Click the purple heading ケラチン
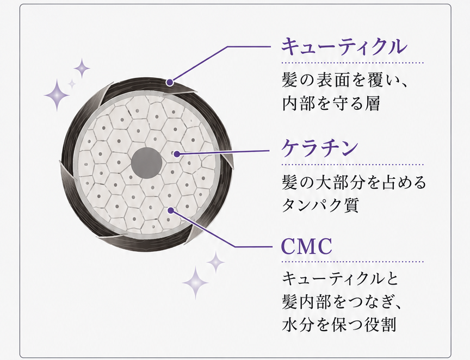click(x=320, y=147)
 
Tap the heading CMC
click(x=307, y=246)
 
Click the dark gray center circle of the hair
click(x=146, y=163)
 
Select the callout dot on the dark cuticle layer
click(x=170, y=82)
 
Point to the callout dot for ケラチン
click(x=177, y=154)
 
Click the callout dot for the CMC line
click(x=171, y=210)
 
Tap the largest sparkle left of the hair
click(x=57, y=95)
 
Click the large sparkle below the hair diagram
click(x=195, y=283)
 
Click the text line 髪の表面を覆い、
click(x=345, y=80)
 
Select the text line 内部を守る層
click(x=331, y=103)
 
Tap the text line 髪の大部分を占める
click(x=354, y=182)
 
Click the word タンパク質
click(x=320, y=205)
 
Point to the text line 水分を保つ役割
click(x=339, y=324)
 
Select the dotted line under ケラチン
click(x=352, y=165)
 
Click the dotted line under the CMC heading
click(x=352, y=262)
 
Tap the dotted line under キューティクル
click(x=352, y=63)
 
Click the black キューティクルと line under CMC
click(x=340, y=279)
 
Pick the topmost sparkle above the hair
click(x=82, y=69)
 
